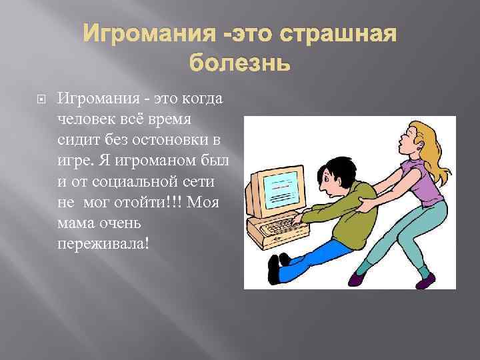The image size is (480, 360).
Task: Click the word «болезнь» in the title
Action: pos(239,62)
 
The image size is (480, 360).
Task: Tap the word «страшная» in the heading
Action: pos(338,33)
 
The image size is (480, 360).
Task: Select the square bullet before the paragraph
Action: pos(41,99)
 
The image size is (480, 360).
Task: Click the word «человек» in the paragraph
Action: pos(86,119)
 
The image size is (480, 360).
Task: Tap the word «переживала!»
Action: pos(103,245)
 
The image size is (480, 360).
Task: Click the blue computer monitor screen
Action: pos(281,190)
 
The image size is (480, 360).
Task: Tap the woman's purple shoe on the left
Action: pos(359,278)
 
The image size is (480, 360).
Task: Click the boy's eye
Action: pos(328,178)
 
